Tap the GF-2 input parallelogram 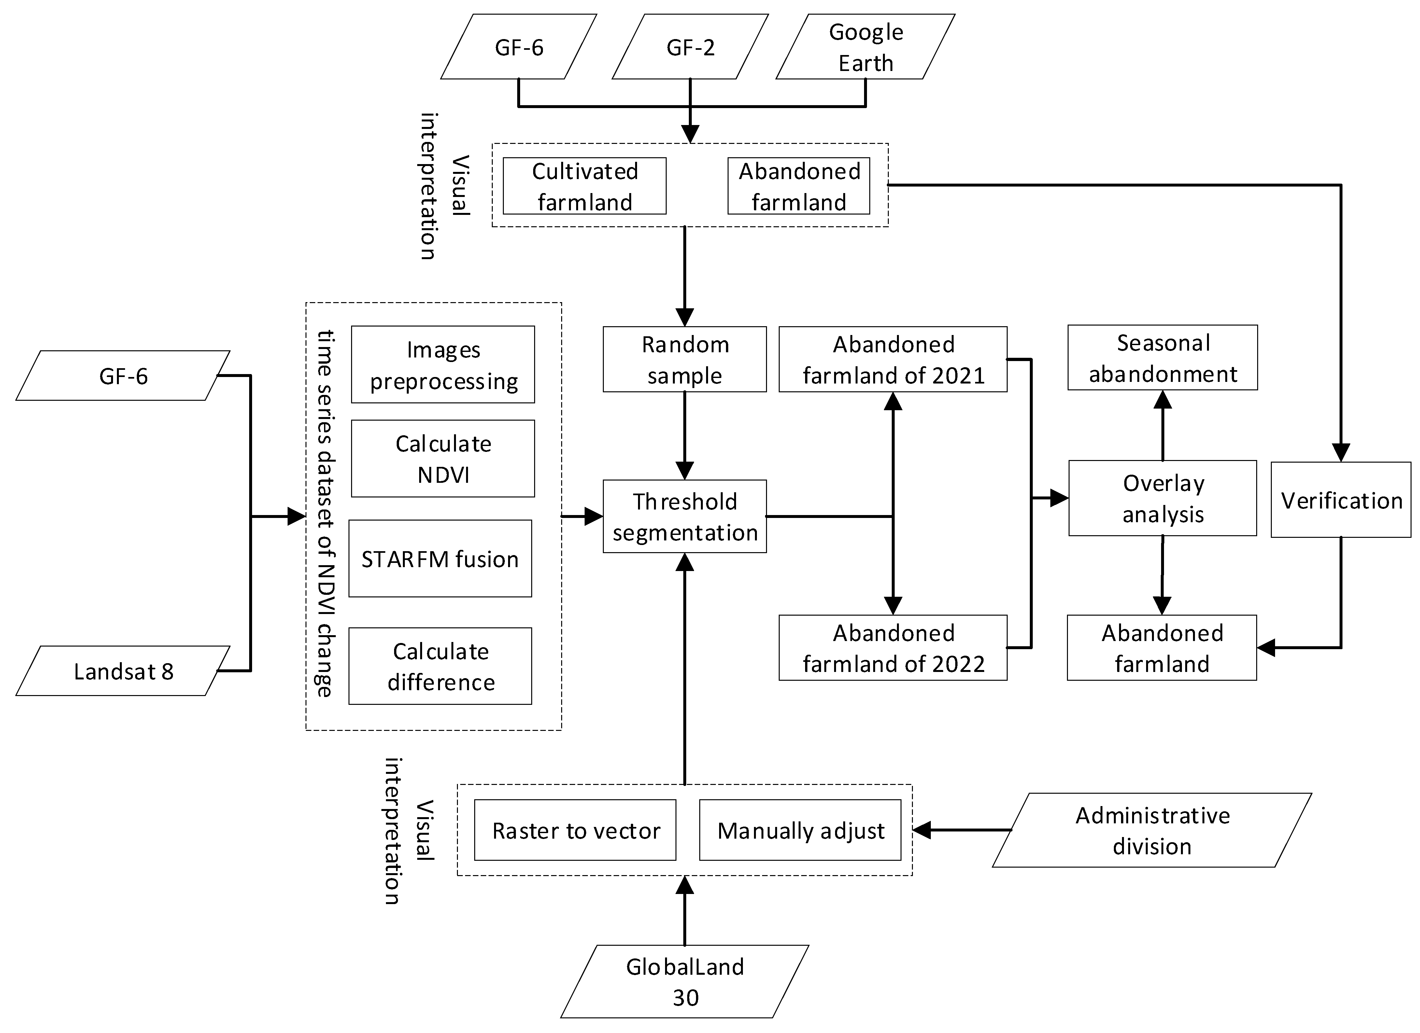click(x=690, y=47)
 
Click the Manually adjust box click(x=800, y=830)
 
